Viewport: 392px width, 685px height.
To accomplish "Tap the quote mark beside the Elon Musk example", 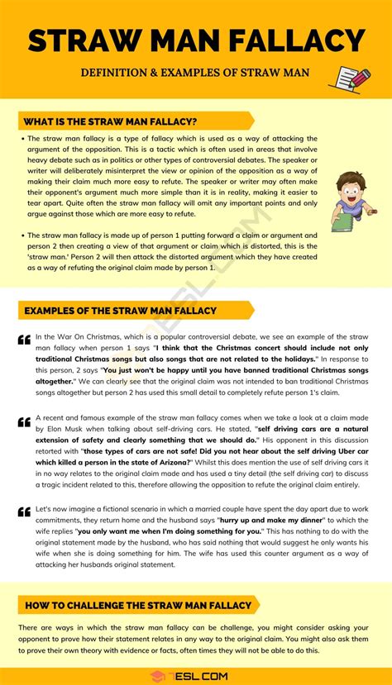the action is tap(24, 422).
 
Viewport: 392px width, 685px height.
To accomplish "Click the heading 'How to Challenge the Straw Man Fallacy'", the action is tap(132, 606).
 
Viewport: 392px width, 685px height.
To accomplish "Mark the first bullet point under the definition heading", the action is tap(21, 139).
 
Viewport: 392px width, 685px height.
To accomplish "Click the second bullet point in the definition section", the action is tap(21, 235).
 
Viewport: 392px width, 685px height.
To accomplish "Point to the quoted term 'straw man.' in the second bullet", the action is tap(51, 257).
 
